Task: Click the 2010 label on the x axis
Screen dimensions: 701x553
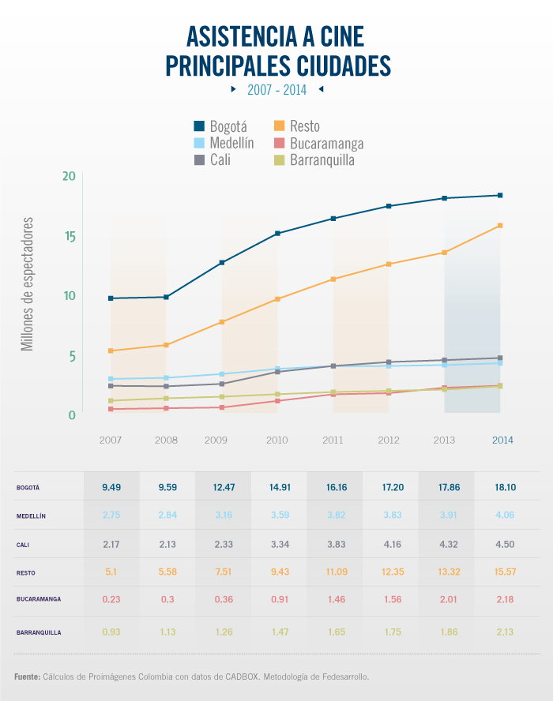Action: (276, 440)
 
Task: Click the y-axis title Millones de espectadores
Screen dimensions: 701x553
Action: (28, 284)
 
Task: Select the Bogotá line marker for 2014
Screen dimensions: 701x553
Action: (500, 195)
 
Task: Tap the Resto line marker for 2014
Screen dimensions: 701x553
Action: (500, 226)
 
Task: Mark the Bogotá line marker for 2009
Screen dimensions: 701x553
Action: (222, 262)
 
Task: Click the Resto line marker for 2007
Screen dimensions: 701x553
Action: (111, 350)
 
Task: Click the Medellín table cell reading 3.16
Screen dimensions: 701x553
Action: (224, 515)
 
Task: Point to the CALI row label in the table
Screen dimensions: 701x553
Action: (22, 545)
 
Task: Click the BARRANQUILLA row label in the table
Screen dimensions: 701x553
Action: (38, 632)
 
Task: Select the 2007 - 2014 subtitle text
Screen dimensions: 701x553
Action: (276, 90)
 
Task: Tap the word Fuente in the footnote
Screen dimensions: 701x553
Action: (27, 677)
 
